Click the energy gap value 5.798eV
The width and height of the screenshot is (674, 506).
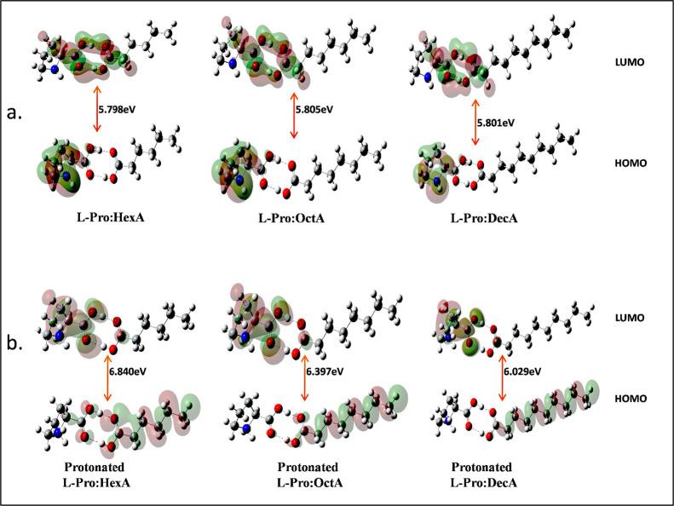115,112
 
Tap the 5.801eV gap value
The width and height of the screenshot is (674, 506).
494,123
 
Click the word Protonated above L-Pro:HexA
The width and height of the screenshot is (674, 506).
100,468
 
